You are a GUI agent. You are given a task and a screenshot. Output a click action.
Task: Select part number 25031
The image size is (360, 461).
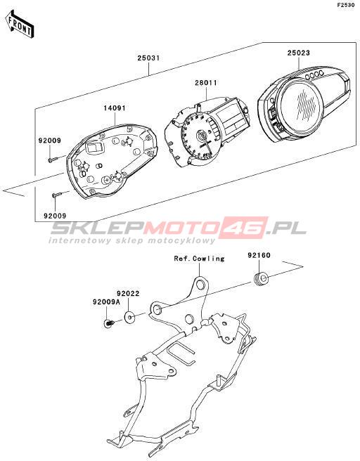click(x=149, y=58)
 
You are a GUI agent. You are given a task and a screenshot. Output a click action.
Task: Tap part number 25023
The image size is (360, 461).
click(x=299, y=53)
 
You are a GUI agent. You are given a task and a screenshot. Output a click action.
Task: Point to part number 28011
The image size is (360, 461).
click(x=206, y=83)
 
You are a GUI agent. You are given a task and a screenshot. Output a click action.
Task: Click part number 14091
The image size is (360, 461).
click(x=115, y=108)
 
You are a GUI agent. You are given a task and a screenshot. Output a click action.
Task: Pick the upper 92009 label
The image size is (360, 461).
click(x=50, y=141)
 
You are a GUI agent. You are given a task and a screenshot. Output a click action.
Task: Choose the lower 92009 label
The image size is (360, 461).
click(x=55, y=216)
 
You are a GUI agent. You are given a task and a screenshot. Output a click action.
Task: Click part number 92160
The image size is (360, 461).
click(x=259, y=255)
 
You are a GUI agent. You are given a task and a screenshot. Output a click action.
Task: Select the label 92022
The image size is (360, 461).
click(x=128, y=294)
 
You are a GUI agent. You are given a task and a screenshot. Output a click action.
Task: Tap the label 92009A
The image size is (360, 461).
click(x=106, y=302)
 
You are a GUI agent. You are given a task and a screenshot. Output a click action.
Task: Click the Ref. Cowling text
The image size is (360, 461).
click(x=199, y=259)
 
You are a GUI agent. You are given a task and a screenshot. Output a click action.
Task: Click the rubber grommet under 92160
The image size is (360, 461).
click(x=261, y=279)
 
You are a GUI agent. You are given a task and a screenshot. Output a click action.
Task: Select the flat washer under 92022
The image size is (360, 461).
click(x=129, y=317)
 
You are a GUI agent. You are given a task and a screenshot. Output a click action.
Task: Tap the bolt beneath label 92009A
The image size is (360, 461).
click(x=110, y=323)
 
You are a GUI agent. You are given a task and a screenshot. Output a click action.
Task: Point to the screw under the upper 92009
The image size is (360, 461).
click(x=52, y=160)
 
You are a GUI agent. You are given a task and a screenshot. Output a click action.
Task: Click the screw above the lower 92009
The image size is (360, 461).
click(x=57, y=195)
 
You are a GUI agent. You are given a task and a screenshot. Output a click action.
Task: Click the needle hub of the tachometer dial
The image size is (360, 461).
click(x=202, y=136)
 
